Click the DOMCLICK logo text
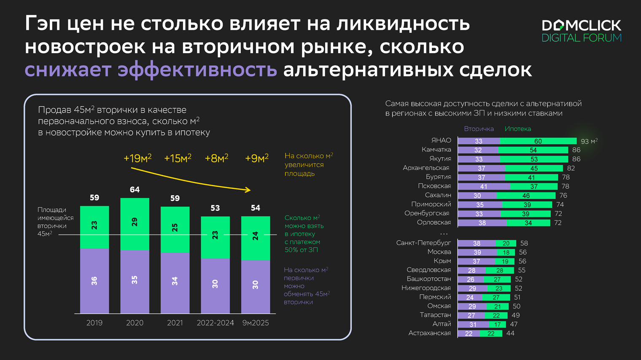point(581,25)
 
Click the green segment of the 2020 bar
point(135,224)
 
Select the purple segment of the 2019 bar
point(94,281)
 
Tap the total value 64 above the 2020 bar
point(135,190)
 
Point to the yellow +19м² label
point(137,159)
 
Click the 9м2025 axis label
point(255,323)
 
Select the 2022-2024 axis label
point(215,323)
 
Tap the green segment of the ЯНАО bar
point(538,141)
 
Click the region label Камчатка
point(436,150)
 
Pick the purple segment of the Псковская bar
point(484,186)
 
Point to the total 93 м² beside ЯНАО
point(589,141)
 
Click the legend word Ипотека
point(517,129)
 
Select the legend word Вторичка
point(479,129)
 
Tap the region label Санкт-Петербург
point(423,243)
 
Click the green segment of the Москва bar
point(506,253)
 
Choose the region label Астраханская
point(429,333)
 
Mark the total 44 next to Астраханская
point(510,333)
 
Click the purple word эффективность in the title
point(197,70)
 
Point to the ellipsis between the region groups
point(444,234)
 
